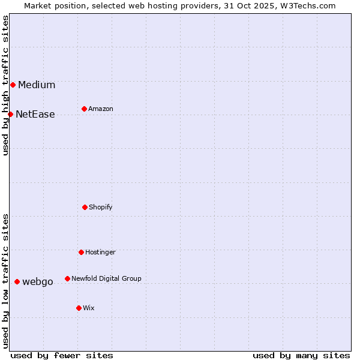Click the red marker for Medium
pos(13,85)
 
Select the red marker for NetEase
pos(10,114)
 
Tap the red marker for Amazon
pos(84,109)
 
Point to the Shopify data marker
pos(85,207)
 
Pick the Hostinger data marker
pos(81,252)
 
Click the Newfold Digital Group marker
pos(67,278)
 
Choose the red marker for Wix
pos(79,308)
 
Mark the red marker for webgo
pos(17,281)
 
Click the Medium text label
pos(37,85)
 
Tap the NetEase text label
pos(35,115)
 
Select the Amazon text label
pos(101,109)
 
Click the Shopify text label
pos(101,207)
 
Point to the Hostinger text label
pos(100,252)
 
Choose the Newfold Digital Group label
pos(106,278)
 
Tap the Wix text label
pos(89,308)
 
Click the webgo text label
pos(38,282)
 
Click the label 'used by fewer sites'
pos(62,355)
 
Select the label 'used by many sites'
pos(301,355)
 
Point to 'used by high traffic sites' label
pos(5,85)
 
